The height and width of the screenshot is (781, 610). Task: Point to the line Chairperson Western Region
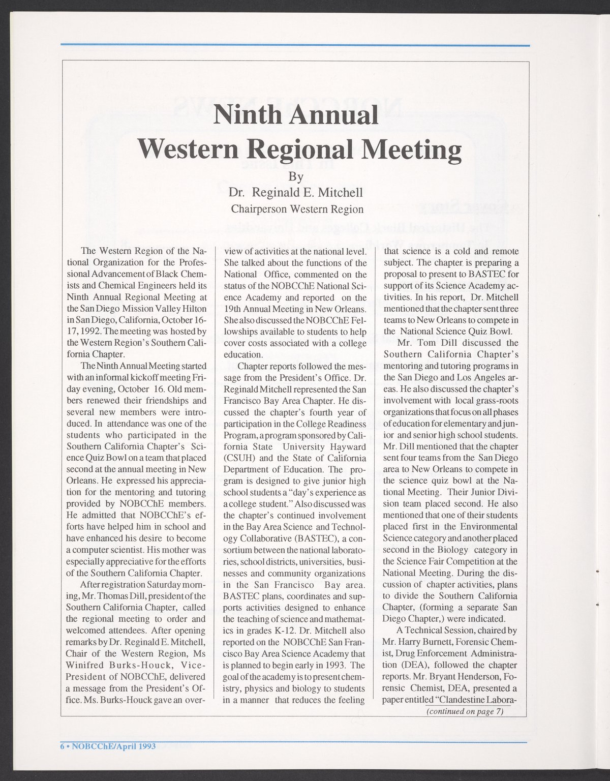297,209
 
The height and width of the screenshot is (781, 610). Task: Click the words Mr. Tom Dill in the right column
423,343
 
